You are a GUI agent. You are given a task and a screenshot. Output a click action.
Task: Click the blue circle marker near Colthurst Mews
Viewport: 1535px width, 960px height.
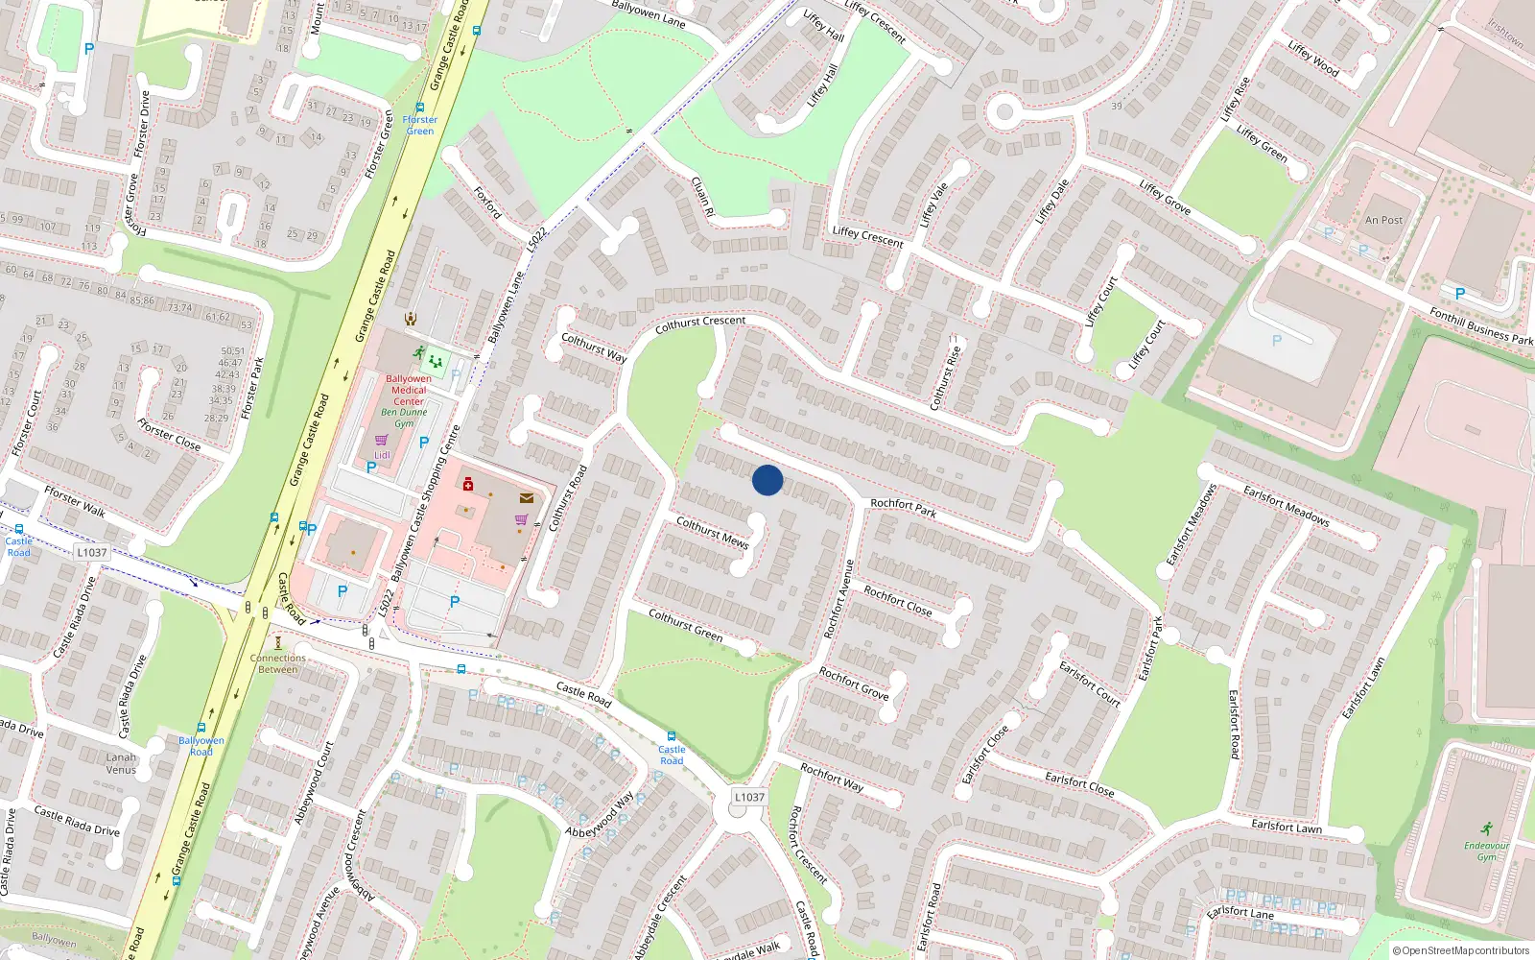767,480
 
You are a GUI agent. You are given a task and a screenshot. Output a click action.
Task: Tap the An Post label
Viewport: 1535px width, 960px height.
1383,220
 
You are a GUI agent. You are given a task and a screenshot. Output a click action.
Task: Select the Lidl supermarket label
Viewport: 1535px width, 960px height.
382,455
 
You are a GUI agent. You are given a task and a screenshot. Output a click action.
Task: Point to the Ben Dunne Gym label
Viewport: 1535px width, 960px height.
404,418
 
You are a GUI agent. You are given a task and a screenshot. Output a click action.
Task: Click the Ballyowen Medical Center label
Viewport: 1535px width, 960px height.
409,390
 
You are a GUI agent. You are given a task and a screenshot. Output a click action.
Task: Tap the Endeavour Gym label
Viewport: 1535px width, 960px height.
1486,851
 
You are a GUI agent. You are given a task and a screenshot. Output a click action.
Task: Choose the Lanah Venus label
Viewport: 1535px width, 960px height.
121,763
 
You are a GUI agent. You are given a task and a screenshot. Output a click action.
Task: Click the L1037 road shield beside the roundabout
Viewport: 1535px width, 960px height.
749,797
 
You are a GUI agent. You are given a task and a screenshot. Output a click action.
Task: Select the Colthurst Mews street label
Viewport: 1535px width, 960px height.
712,532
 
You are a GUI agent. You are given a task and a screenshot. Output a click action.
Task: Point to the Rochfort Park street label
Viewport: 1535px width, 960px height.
903,508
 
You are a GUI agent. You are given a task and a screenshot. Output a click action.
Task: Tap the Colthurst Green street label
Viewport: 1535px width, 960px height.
685,624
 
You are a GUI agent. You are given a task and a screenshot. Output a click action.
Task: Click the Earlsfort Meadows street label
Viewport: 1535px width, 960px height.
1286,505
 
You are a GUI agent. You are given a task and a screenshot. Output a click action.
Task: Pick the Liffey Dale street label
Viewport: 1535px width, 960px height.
1051,202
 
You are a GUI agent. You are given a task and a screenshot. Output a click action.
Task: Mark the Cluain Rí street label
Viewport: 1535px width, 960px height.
703,195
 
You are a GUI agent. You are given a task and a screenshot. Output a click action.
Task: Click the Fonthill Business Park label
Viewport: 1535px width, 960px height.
1480,325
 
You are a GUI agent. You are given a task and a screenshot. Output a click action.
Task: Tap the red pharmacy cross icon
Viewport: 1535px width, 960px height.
467,484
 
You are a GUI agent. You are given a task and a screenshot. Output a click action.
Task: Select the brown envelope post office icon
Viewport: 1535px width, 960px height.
527,498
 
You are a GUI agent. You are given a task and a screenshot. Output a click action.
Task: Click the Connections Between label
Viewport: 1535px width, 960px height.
277,663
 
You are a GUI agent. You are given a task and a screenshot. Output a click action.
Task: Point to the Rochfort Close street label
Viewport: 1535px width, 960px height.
897,600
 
